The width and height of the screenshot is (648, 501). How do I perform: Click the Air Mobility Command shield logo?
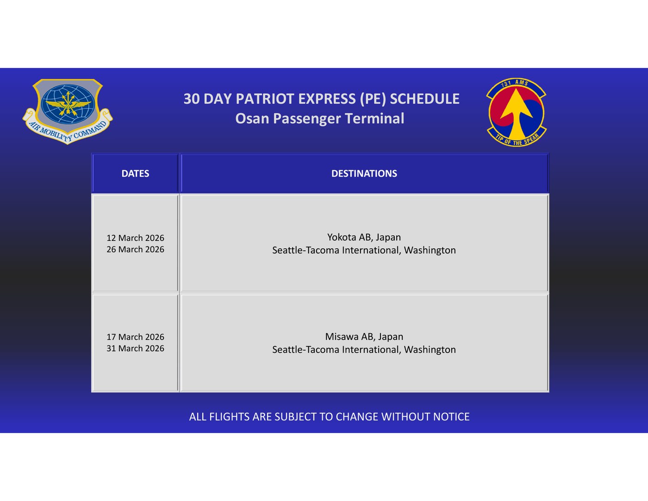[68, 111]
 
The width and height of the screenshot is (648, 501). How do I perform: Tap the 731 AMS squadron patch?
[516, 113]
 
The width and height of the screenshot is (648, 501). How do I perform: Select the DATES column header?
[135, 173]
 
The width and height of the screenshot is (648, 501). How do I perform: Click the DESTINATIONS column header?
[364, 173]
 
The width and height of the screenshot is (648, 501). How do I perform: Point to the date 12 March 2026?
[135, 238]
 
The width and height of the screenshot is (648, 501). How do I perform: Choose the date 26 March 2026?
[135, 249]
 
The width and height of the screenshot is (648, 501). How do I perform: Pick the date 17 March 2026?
[135, 337]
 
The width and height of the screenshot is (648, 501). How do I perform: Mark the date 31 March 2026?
[135, 349]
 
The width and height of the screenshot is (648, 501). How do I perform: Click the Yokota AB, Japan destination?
[364, 237]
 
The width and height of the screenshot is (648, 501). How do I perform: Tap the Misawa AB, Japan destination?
[364, 337]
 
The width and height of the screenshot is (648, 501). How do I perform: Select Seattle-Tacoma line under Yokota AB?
[364, 250]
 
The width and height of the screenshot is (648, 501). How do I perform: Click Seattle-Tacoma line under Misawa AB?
[364, 349]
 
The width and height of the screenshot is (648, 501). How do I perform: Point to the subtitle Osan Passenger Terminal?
[320, 119]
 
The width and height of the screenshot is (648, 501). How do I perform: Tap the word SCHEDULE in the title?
[424, 99]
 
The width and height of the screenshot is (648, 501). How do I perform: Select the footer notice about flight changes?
[329, 417]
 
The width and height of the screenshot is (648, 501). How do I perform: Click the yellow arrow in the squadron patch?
[517, 114]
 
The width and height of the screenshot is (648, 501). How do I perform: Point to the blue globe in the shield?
[68, 104]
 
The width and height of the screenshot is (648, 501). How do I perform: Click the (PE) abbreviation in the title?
[373, 99]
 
